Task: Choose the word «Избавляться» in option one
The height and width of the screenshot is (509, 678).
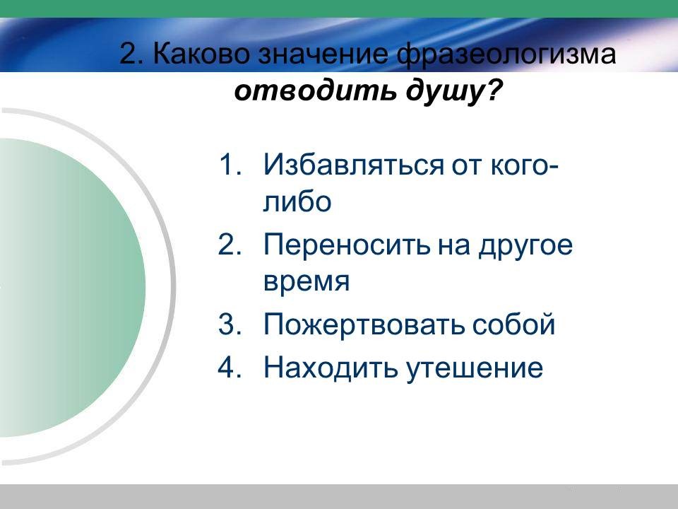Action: (x=353, y=165)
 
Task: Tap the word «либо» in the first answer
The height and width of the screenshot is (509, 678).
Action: (x=297, y=201)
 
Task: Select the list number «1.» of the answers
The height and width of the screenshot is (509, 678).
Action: (x=230, y=165)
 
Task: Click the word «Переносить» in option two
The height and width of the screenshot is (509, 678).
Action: (x=347, y=245)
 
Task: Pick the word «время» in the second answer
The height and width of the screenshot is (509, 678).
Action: (x=307, y=281)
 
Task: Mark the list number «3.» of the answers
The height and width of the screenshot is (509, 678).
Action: (x=230, y=324)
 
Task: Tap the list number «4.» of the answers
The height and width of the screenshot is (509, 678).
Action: (x=230, y=367)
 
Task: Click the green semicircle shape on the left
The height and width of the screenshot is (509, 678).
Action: (x=73, y=288)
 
